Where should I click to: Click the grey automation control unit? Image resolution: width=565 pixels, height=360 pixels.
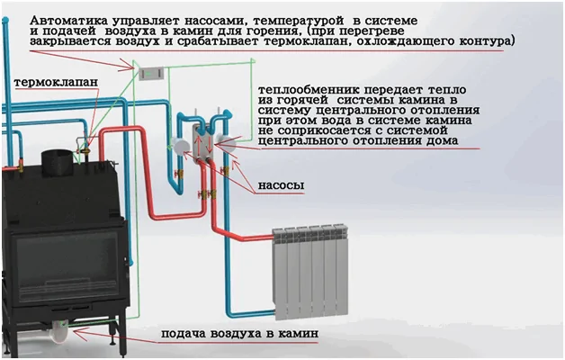pyautogui.click(x=152, y=74)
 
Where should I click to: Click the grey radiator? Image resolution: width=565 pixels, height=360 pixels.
pyautogui.click(x=310, y=272)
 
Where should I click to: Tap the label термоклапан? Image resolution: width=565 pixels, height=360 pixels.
pyautogui.click(x=56, y=82)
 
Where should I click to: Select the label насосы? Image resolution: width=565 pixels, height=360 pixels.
pyautogui.click(x=281, y=185)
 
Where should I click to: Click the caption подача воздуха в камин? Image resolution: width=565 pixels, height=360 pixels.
pyautogui.click(x=239, y=333)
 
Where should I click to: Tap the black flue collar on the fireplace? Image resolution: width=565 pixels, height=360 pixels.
pyautogui.click(x=58, y=159)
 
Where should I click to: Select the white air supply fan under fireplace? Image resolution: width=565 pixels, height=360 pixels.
pyautogui.click(x=60, y=330)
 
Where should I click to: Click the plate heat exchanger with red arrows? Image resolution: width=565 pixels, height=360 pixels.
pyautogui.click(x=203, y=140)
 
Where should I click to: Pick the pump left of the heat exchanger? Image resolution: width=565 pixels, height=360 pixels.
pyautogui.click(x=180, y=145)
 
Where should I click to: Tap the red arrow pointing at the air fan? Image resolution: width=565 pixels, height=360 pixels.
pyautogui.click(x=116, y=337)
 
